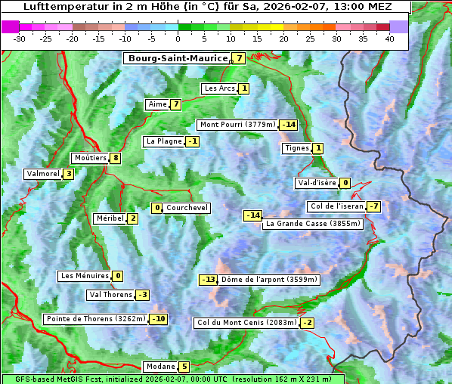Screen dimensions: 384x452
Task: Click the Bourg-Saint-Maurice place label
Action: point(178,58)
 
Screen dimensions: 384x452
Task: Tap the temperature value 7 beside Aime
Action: point(175,104)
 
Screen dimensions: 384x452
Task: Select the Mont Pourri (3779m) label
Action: point(237,125)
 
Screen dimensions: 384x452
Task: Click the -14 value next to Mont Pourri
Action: point(288,125)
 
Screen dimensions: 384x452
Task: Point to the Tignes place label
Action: point(296,148)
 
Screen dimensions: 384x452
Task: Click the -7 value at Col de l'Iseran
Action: point(373,206)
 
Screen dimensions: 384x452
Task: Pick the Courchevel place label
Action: point(187,208)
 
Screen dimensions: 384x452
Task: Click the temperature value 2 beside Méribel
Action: point(132,218)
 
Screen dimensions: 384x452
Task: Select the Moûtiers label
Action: point(90,158)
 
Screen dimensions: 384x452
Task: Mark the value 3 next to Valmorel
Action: point(68,174)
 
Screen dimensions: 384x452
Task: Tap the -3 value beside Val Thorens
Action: point(142,295)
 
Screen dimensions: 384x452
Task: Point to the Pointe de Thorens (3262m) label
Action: point(95,319)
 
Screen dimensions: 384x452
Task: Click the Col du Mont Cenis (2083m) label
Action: point(246,323)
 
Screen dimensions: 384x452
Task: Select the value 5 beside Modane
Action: point(184,367)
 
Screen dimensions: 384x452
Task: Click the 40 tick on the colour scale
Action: point(389,39)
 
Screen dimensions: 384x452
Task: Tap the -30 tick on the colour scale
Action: point(20,39)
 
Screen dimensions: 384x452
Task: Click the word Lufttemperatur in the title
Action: point(57,6)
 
